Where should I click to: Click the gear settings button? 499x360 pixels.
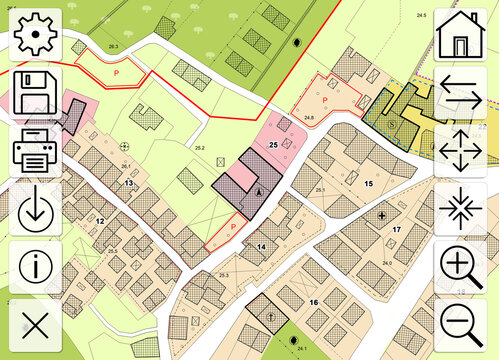click(x=38, y=36)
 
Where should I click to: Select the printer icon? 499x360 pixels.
click(x=38, y=151)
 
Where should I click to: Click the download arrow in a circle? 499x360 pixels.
click(x=38, y=209)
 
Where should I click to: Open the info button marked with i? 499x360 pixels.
click(x=38, y=267)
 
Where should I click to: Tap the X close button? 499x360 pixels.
click(x=38, y=325)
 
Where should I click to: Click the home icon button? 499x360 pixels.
click(x=461, y=36)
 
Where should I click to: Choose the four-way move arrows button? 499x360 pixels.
click(x=461, y=151)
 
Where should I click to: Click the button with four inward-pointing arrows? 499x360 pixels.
click(x=461, y=209)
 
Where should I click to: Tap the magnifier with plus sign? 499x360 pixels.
click(x=461, y=267)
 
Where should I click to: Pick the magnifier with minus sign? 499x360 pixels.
click(x=461, y=325)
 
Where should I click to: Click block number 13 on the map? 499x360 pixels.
click(x=129, y=183)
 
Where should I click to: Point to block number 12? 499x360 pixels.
click(x=100, y=220)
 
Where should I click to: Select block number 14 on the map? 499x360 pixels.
click(x=261, y=245)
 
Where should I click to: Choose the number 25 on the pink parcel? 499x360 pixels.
click(x=272, y=144)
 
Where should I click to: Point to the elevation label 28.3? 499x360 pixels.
click(x=113, y=47)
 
